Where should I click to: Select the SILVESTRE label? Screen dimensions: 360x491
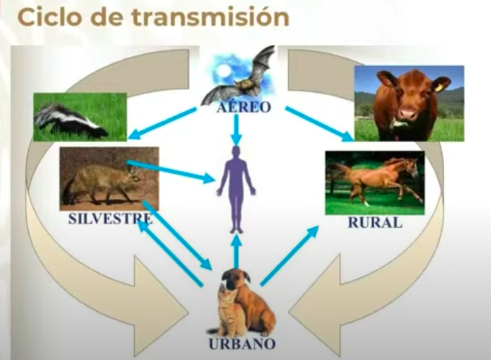click(110, 219)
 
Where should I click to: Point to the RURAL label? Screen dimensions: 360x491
click(375, 223)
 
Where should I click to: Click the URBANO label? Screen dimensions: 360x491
click(242, 343)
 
